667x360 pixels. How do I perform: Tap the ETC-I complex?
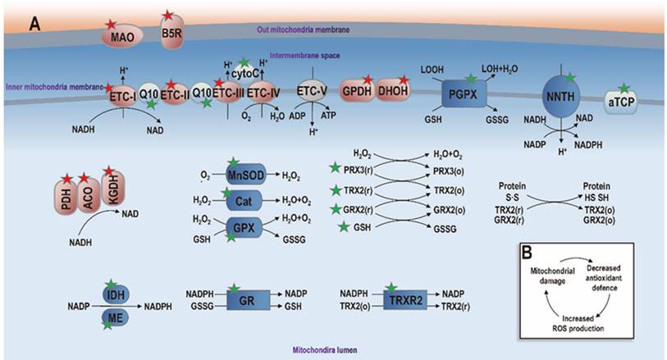click(123, 96)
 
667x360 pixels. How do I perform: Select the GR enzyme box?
click(244, 300)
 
